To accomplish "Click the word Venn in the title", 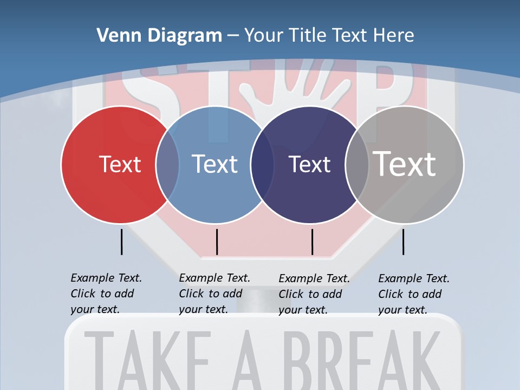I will tap(114, 36).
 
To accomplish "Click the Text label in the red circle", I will tap(120, 164).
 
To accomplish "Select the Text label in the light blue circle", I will tap(214, 164).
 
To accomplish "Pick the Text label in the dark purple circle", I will tap(309, 164).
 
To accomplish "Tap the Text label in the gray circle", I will tap(405, 164).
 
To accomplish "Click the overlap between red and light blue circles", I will tap(167, 164).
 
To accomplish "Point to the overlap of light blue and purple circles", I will tap(262, 164).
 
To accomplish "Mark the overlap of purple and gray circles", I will tap(357, 164).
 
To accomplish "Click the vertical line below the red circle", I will tap(121, 242).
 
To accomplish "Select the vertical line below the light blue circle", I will tap(217, 242).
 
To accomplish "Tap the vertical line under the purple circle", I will tap(312, 242).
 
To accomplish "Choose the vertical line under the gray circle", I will tap(403, 242).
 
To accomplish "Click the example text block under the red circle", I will tap(106, 294).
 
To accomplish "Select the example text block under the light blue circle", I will tap(214, 294).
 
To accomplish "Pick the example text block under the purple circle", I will tap(314, 294).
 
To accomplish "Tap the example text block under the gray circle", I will tap(413, 294).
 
